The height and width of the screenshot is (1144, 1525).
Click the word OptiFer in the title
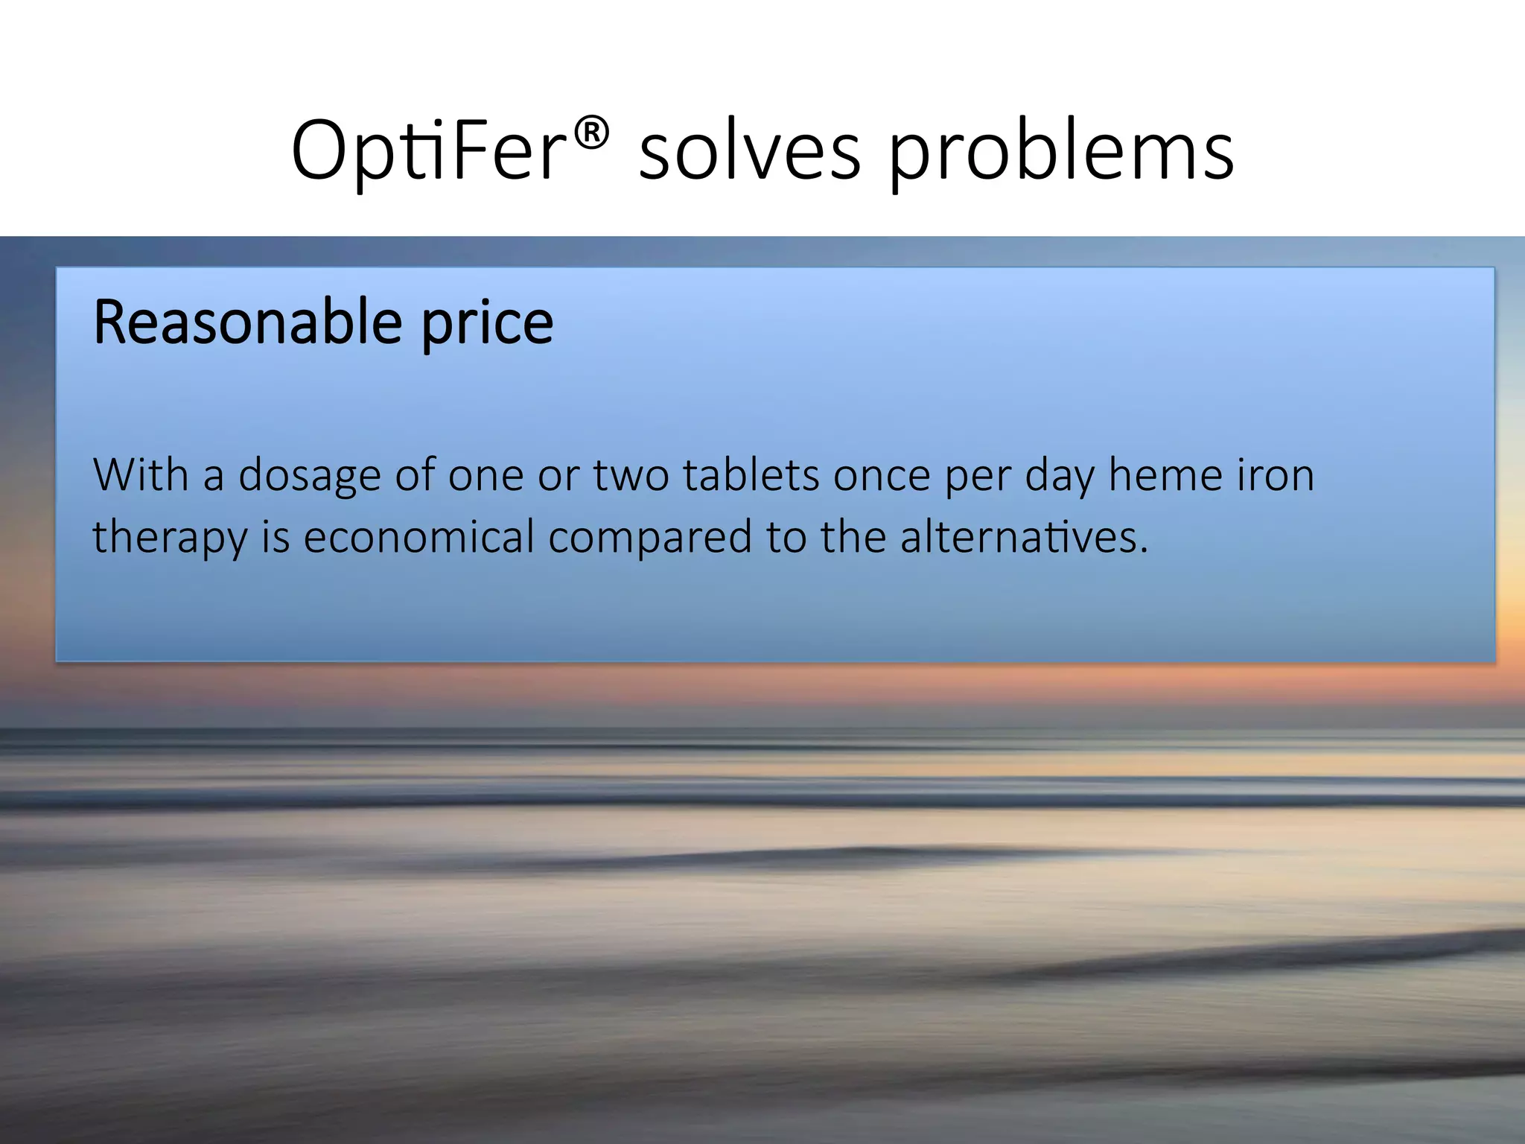click(x=428, y=151)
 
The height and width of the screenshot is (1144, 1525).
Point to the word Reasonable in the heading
click(x=248, y=322)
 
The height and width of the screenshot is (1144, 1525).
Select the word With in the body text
click(x=141, y=474)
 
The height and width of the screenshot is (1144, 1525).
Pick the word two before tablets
click(x=631, y=475)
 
